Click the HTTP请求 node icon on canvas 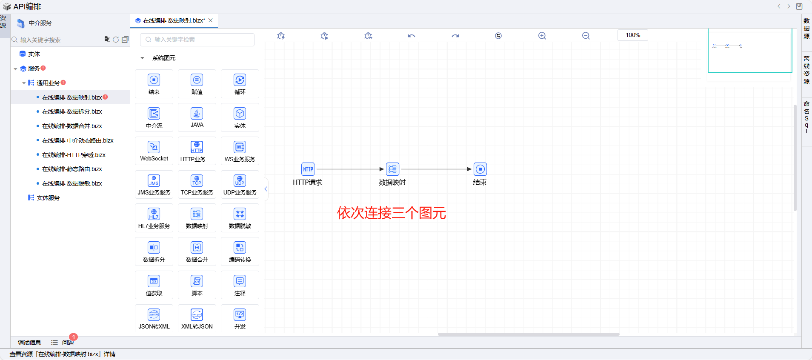(308, 169)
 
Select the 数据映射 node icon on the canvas (392, 169)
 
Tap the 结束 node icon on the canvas (480, 169)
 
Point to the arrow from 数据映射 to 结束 (436, 169)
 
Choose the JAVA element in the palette (197, 117)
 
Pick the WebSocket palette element (154, 151)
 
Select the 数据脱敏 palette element (240, 218)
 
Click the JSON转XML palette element (154, 318)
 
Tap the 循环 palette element (240, 83)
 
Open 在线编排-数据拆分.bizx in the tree (72, 111)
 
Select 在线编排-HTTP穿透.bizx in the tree (74, 155)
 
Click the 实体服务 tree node (48, 198)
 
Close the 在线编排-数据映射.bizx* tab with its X (210, 20)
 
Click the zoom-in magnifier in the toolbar (542, 36)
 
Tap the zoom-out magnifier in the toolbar (586, 36)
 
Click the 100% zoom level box (632, 35)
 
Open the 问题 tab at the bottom (67, 343)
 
